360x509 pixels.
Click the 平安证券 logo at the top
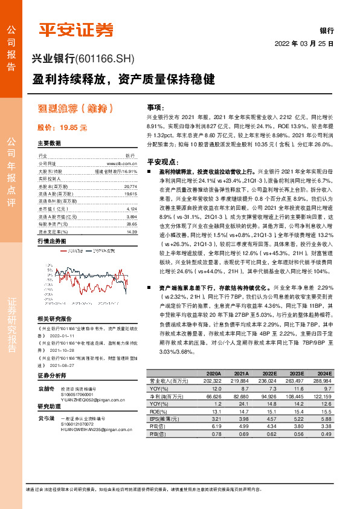tap(76, 29)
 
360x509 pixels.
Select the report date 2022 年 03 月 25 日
tap(304, 44)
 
